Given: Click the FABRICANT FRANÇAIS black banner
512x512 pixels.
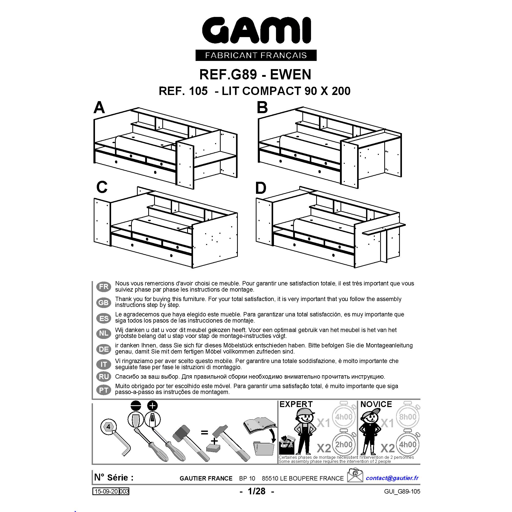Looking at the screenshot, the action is tap(256, 55).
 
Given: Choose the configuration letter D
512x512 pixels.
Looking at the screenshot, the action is tap(261, 188).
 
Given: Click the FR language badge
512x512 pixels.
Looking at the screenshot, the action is tap(104, 286).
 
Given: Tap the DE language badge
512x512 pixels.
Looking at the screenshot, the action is tap(104, 349).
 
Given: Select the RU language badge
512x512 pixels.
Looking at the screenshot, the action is tap(104, 377).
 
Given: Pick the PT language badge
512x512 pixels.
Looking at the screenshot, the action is tap(104, 390).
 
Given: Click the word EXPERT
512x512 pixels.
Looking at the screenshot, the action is tap(296, 404).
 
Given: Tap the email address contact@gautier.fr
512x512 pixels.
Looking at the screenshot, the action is tap(392, 478).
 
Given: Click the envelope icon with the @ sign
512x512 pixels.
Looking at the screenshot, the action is tap(355, 475).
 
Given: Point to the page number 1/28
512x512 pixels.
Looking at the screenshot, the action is tap(257, 491).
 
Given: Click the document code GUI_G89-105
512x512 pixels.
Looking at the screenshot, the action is tap(402, 492).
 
